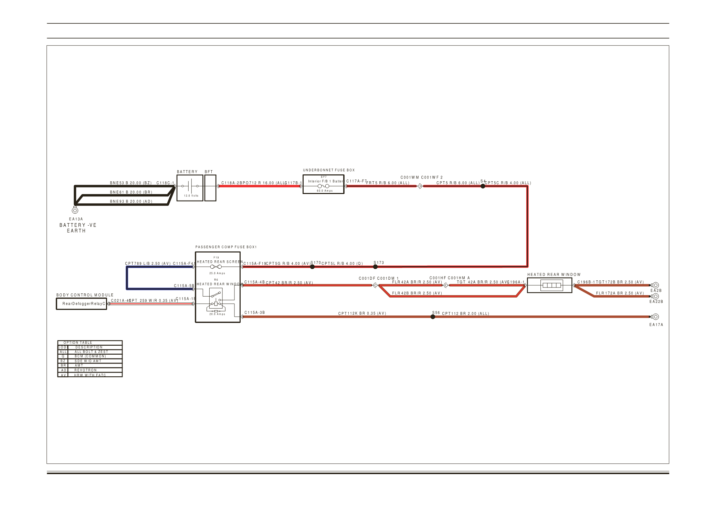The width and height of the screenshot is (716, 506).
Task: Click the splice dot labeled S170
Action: click(x=312, y=267)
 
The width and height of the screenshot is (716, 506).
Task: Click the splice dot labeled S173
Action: click(x=375, y=267)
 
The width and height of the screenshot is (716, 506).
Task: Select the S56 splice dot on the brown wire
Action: click(x=433, y=317)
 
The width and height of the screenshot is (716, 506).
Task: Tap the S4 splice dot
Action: click(x=483, y=186)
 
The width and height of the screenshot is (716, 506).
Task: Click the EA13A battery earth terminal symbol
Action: click(x=75, y=210)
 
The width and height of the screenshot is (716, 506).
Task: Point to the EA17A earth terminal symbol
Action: click(x=655, y=317)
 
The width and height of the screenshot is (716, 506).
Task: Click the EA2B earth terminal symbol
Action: click(x=655, y=285)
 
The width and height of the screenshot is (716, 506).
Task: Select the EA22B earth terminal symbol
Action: click(x=655, y=296)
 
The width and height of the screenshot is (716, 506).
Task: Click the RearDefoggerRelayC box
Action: click(x=82, y=304)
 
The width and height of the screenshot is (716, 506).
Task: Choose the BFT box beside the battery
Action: click(x=210, y=188)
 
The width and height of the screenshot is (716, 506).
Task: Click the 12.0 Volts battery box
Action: click(x=190, y=188)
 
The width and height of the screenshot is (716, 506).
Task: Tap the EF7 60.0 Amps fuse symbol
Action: click(x=323, y=186)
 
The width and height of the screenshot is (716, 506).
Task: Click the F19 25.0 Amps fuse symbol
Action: click(x=216, y=267)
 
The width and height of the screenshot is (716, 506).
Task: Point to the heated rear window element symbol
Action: click(x=551, y=285)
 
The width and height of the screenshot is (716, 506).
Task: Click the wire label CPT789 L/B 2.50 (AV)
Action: click(x=148, y=263)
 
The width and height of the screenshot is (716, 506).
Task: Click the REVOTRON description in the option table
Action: click(x=85, y=370)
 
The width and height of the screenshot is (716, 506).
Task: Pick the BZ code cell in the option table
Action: click(x=63, y=361)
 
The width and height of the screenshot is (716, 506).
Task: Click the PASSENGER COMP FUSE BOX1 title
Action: click(x=226, y=247)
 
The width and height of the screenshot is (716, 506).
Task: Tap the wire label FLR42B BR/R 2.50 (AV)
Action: click(x=417, y=293)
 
